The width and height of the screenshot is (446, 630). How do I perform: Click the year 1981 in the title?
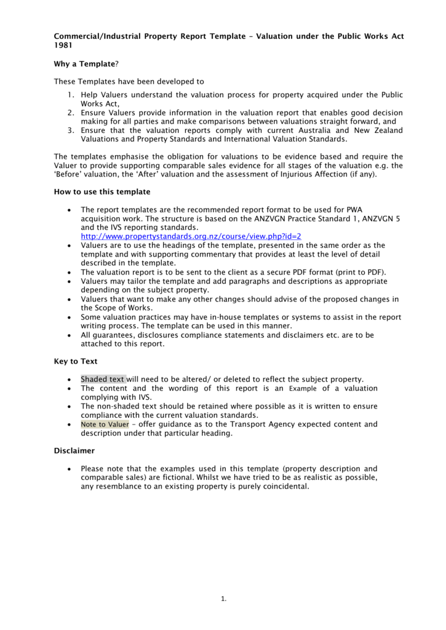pos(63,46)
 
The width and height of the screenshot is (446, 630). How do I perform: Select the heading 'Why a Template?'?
pos(86,63)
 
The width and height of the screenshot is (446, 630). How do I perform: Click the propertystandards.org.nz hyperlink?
pos(191,236)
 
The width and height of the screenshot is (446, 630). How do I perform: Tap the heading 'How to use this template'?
pos(102,192)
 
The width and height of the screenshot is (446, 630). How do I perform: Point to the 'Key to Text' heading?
pos(76,361)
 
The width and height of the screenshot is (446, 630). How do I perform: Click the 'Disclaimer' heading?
pos(74,450)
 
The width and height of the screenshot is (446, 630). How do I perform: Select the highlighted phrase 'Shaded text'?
pos(103,379)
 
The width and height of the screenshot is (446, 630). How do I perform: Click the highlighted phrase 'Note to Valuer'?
pos(105,425)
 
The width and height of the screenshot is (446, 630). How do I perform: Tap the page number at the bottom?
pos(223,599)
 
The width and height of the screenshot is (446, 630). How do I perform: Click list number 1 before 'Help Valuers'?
pos(71,95)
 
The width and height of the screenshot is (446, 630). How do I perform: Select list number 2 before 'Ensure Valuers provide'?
pos(71,113)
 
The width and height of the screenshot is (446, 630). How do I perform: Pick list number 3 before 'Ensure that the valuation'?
pos(71,130)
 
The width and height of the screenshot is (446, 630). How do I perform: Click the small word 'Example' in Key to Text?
pos(302,389)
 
